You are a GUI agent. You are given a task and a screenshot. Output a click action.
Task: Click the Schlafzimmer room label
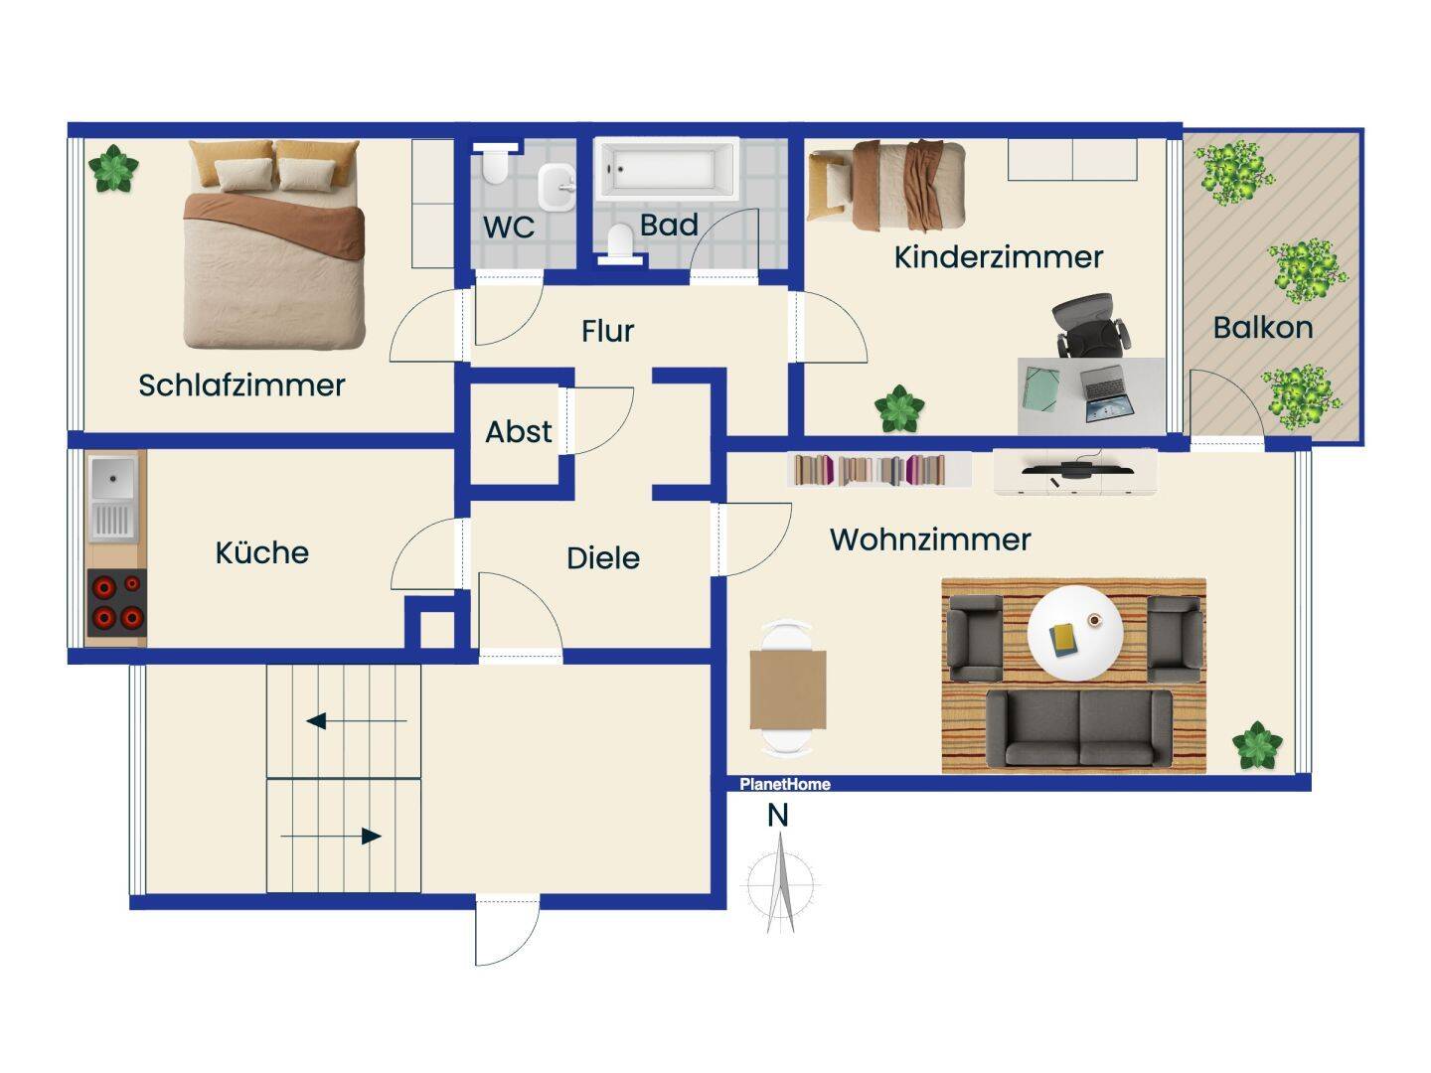click(241, 385)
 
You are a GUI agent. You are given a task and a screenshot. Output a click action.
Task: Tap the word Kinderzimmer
click(998, 257)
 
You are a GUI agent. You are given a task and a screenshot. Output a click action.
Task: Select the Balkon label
click(1263, 328)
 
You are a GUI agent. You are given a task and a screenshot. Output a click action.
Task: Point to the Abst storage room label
click(519, 432)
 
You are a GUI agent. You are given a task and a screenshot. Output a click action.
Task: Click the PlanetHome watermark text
click(785, 785)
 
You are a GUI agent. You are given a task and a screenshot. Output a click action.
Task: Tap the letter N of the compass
click(778, 816)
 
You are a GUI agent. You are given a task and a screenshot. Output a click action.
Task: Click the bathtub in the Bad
click(667, 168)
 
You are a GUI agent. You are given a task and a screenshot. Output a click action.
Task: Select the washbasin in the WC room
click(556, 187)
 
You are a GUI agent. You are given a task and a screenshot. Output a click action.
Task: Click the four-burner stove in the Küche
click(116, 603)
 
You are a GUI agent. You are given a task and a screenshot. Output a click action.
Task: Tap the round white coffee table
click(1075, 633)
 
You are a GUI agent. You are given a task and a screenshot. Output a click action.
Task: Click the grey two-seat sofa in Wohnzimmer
click(1079, 728)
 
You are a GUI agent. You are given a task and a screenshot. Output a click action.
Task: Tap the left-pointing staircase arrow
click(357, 721)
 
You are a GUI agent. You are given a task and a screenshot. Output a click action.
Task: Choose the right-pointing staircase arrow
click(331, 836)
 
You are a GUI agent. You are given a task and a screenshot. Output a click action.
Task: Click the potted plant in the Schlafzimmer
click(113, 169)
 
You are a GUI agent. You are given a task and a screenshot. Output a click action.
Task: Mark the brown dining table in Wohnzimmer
click(787, 690)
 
